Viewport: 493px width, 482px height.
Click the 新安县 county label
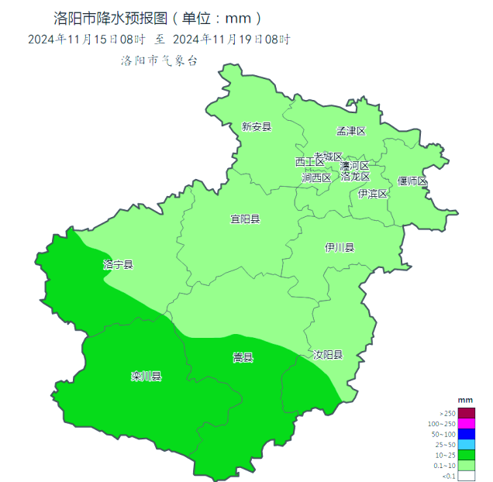tap(257, 127)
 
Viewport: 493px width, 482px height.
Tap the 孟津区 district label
tap(350, 131)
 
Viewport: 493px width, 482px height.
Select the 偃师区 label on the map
tap(412, 181)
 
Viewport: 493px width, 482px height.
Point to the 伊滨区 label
tap(373, 194)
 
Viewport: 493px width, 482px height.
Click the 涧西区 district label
tap(316, 177)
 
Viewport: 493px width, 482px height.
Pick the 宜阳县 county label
tap(245, 219)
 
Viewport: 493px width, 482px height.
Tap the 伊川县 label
tap(340, 248)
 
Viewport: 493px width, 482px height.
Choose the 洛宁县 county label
tap(118, 265)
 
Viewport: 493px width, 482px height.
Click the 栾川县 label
tap(146, 377)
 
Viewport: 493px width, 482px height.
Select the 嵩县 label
tap(243, 358)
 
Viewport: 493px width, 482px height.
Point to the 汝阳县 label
tap(327, 355)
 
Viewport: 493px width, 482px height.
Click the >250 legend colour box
tap(466, 413)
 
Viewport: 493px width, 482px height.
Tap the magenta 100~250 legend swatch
tap(466, 424)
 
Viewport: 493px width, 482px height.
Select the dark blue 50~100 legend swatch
tap(466, 434)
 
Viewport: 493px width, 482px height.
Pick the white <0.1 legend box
tap(466, 477)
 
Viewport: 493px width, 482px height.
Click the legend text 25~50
tap(446, 445)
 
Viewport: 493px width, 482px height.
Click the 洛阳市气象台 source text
tap(159, 60)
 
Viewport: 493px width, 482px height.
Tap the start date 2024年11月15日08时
tap(86, 39)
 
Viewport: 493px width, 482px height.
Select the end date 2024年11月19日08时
tap(231, 39)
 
